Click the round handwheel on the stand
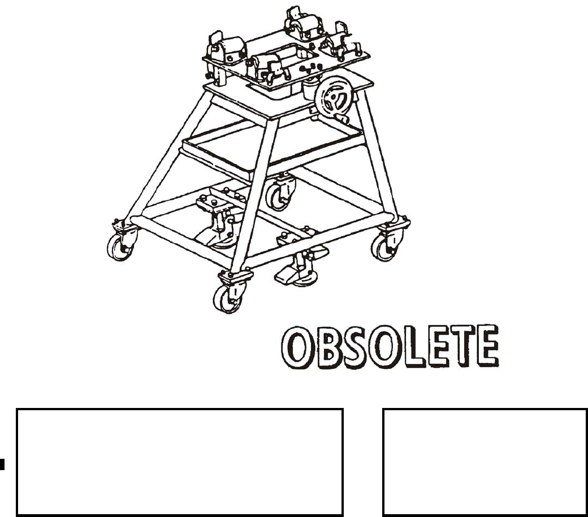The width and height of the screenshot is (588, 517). [x=335, y=97]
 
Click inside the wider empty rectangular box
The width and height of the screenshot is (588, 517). [x=180, y=461]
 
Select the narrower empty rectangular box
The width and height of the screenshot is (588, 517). [x=485, y=461]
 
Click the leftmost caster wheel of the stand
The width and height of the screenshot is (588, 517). [x=119, y=248]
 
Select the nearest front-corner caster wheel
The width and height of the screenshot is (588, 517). [x=226, y=299]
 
